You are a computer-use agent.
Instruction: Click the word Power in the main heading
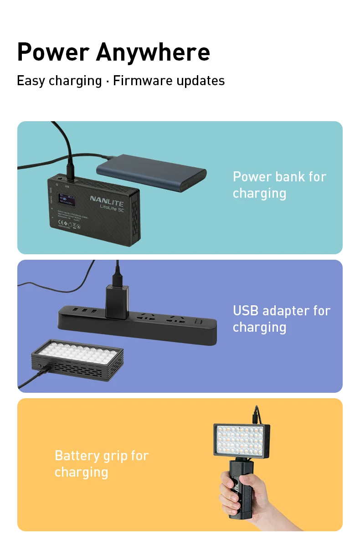point(53,52)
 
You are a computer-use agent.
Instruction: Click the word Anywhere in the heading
point(153,52)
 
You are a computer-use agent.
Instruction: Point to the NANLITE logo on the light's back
point(108,199)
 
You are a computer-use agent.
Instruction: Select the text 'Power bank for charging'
point(279,185)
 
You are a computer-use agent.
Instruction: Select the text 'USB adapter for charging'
point(281,319)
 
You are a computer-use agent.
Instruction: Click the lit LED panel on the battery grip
point(242,440)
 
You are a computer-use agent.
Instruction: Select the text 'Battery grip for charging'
point(101,463)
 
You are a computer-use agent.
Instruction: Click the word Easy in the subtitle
point(31,81)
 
